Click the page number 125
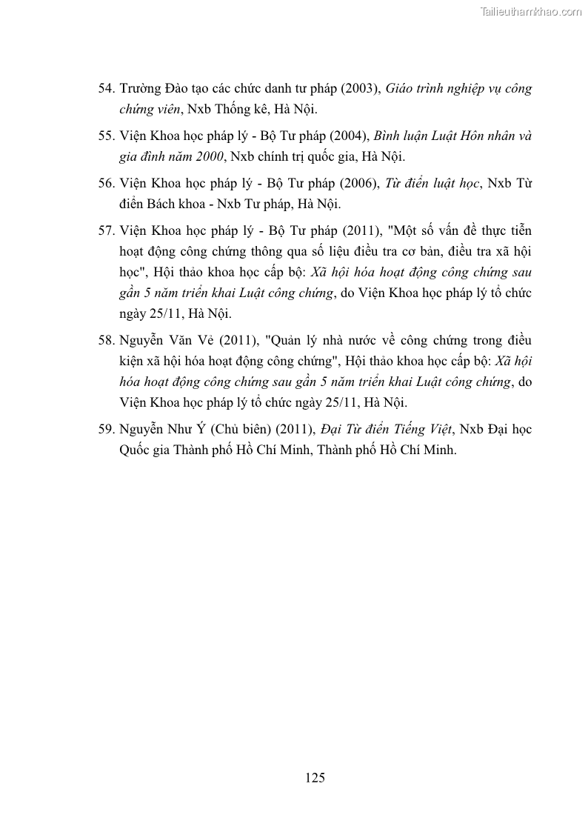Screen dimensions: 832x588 [x=315, y=777]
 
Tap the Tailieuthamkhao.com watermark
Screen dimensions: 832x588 [x=531, y=11]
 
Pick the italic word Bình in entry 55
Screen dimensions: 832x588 [x=390, y=136]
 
